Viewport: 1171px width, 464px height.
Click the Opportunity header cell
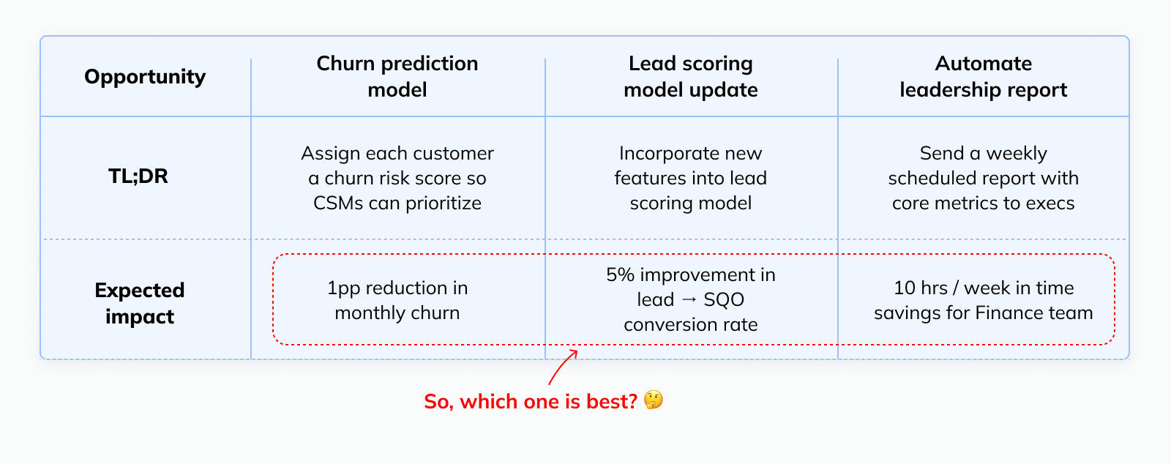click(145, 77)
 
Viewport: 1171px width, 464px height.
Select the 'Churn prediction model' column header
click(397, 76)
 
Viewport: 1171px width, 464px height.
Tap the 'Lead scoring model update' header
click(691, 76)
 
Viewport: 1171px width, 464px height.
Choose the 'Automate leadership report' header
click(984, 76)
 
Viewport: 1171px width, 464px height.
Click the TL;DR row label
click(138, 176)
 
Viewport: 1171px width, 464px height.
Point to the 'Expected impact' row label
click(140, 303)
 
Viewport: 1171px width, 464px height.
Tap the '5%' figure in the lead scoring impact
click(620, 275)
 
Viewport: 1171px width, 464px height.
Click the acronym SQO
click(724, 300)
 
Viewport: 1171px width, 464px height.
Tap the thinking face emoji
click(654, 400)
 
